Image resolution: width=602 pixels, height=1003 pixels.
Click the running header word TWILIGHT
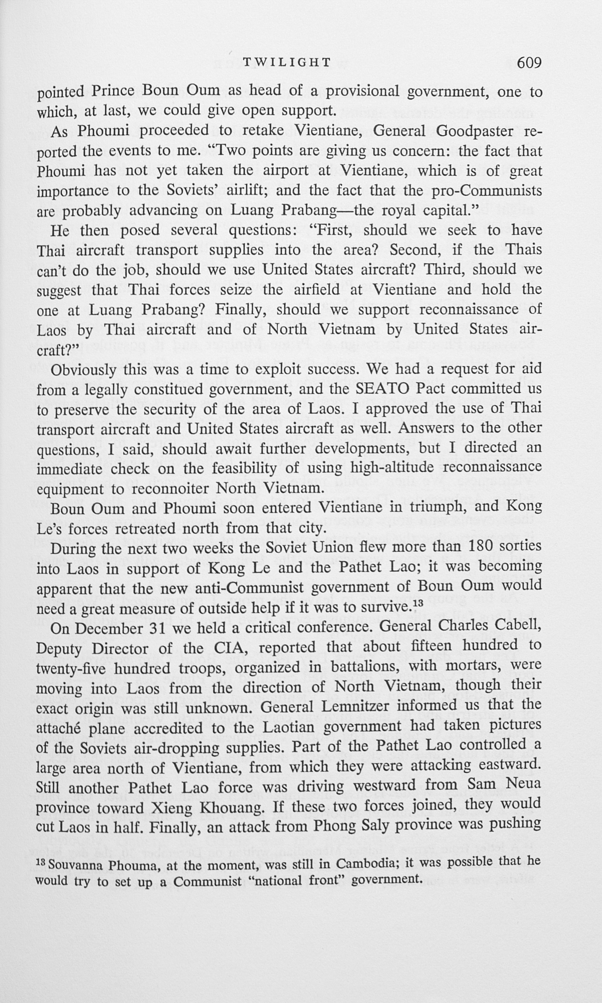point(287,63)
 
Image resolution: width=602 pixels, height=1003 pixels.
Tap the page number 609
point(529,63)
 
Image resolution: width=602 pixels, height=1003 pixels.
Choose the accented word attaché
point(60,728)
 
